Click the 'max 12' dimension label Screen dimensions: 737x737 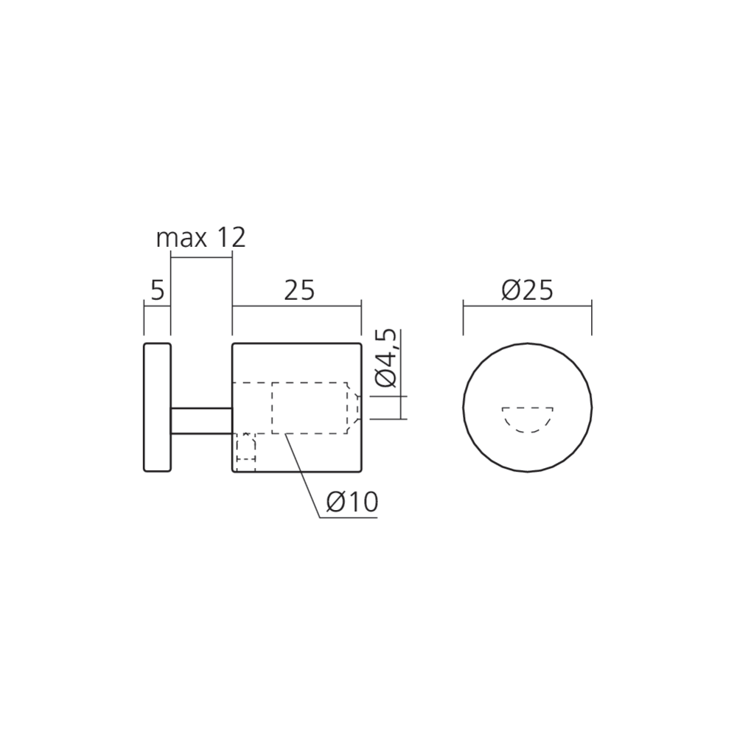[x=200, y=238]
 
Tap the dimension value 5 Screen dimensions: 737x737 [x=158, y=290]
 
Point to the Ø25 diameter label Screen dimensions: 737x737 [x=528, y=290]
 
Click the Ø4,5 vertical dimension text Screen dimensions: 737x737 [x=387, y=359]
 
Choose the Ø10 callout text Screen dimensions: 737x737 [x=352, y=503]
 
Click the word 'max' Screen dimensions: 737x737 [x=181, y=240]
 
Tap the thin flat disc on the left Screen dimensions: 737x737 [x=158, y=407]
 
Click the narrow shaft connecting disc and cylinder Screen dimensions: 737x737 [x=202, y=420]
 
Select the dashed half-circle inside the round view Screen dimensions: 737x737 [x=528, y=419]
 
